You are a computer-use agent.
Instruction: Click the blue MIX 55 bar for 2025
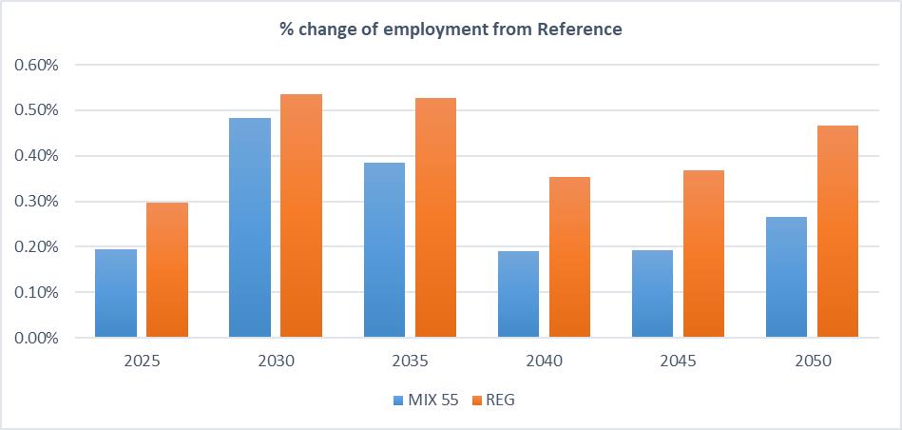[115, 293]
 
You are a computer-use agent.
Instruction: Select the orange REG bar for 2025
[167, 270]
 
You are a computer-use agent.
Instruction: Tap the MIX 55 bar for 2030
[249, 227]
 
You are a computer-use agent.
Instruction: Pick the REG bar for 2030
[301, 216]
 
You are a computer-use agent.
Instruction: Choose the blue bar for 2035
[384, 249]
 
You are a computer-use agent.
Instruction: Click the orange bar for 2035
[436, 218]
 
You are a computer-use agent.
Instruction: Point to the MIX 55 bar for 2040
[518, 294]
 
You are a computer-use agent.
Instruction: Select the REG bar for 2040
[570, 257]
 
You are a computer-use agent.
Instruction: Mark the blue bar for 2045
[652, 294]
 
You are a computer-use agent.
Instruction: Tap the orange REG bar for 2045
[704, 254]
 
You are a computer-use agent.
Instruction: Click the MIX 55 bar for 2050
[786, 277]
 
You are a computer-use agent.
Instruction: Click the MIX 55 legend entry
[426, 401]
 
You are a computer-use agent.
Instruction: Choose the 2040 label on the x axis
[544, 362]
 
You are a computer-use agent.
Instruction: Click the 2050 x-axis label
[812, 362]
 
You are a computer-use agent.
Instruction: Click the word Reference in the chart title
[579, 29]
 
